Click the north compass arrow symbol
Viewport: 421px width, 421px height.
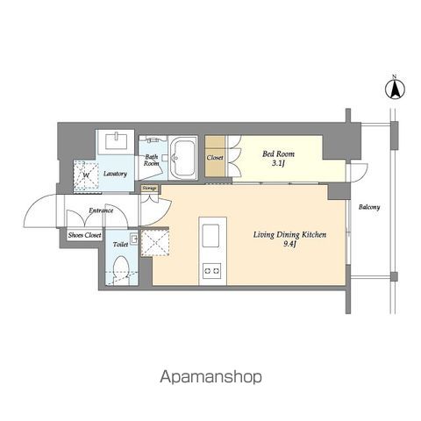395,89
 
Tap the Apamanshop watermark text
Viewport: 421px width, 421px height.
210,377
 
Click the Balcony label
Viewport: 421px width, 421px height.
369,207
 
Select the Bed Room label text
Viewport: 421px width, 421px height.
278,153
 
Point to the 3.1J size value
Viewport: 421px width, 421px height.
278,163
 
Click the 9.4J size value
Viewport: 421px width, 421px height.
289,244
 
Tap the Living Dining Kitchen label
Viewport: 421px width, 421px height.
289,235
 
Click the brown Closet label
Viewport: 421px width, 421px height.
215,158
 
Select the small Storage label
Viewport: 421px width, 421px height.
150,189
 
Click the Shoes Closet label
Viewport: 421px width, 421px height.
85,235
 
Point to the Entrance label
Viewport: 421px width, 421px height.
101,210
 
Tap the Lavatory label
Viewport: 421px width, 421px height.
115,174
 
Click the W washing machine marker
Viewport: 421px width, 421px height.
86,175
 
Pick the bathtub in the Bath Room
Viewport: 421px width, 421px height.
183,158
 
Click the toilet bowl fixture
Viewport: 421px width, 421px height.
121,268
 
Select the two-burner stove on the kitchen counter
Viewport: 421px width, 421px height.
212,271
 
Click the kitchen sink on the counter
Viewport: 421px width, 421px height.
210,236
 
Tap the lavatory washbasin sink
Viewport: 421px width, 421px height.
116,141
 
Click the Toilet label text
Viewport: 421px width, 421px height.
120,244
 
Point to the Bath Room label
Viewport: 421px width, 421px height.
152,161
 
